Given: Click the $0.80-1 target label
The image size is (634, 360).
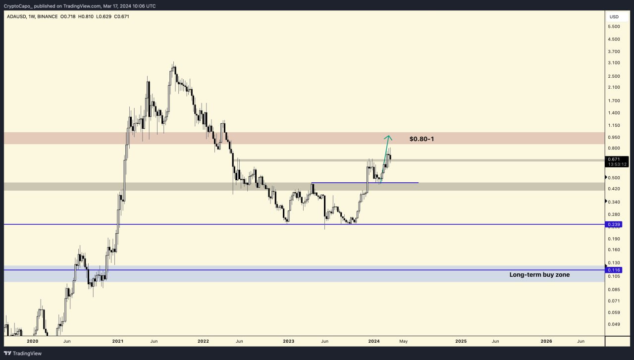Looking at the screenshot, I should (x=422, y=139).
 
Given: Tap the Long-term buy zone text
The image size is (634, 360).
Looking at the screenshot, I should (x=539, y=274).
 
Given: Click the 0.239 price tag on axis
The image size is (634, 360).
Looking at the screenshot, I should (x=614, y=224).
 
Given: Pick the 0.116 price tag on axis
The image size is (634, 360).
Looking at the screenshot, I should (x=614, y=270).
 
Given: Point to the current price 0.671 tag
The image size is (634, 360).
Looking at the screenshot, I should (x=614, y=159).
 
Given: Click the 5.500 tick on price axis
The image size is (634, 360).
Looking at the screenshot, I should (x=614, y=26).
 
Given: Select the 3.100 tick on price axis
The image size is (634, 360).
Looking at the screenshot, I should (x=614, y=63).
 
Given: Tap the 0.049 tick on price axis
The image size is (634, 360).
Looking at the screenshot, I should (x=614, y=324).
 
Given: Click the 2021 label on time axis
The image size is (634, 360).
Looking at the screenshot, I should (x=118, y=341).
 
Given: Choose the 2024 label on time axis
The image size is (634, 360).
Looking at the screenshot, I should (x=374, y=341).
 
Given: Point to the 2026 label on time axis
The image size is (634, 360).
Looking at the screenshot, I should (x=546, y=341).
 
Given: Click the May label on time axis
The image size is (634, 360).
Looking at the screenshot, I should (x=403, y=341).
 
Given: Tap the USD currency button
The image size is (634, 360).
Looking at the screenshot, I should (x=614, y=17).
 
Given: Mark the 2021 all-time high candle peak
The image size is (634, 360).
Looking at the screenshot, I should (x=173, y=63).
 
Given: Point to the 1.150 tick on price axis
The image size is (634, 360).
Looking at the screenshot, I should (x=614, y=126).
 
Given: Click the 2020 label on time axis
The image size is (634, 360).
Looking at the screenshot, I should (x=32, y=341).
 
